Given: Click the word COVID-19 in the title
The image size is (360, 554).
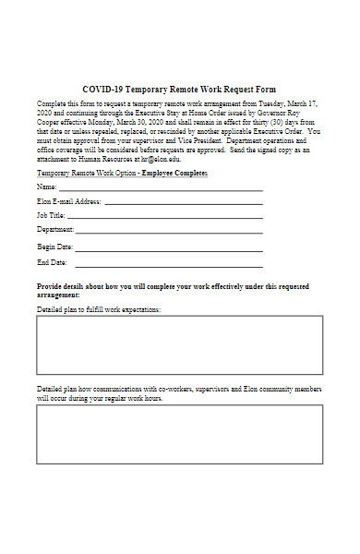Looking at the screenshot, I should tap(103, 89).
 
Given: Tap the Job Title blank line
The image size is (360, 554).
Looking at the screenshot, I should tap(165, 216).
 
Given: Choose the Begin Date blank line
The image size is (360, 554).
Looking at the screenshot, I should tap(168, 249).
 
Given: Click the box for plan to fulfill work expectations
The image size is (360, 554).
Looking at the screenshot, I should tap(179, 344).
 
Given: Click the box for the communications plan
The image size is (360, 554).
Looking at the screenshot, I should tap(179, 435).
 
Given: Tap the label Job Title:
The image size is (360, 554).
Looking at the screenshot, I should tap(50, 214).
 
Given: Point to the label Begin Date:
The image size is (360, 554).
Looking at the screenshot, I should tap(54, 247).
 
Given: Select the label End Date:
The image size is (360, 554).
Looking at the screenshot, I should tap(51, 262).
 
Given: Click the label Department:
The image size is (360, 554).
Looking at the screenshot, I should tap(54, 228).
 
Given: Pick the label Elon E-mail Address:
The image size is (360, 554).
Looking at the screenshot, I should tap(69, 199).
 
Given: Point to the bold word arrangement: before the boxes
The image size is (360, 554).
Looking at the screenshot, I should tap(58, 295).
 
